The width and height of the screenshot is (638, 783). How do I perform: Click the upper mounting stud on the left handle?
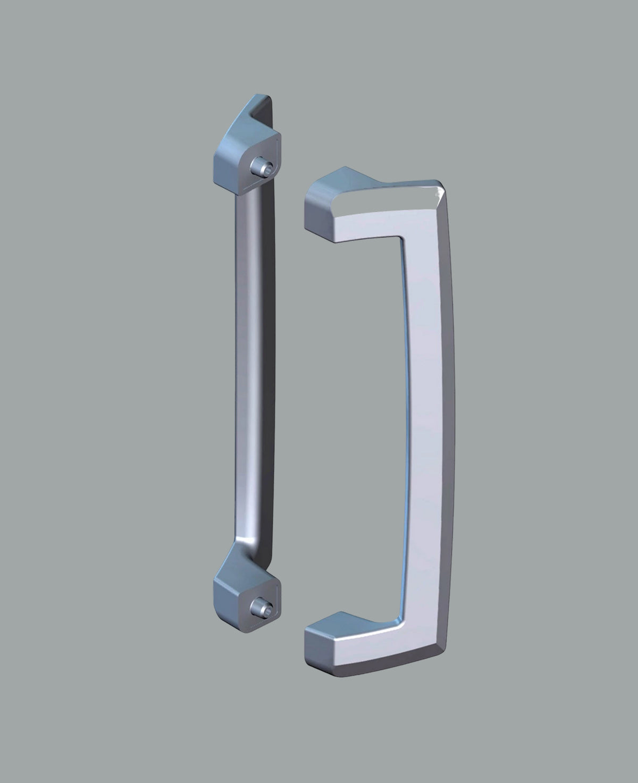tap(264, 166)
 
